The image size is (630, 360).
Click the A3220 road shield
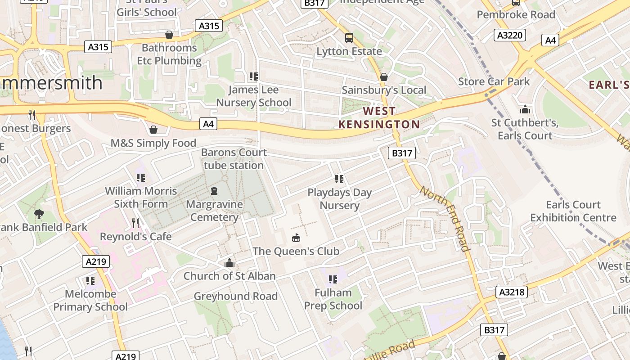pos(509,35)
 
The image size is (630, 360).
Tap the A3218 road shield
pos(512,292)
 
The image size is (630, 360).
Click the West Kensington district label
pos(379,117)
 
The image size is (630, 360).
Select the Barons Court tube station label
pos(234,159)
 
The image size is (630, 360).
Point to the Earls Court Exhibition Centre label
pos(573,211)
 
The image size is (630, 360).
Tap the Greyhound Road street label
pos(235,296)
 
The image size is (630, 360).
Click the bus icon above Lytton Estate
pos(349,38)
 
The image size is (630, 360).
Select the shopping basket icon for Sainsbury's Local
pos(383,77)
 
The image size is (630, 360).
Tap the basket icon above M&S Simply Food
pos(153,130)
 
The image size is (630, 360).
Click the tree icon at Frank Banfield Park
pos(39,214)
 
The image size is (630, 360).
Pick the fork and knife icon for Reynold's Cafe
pos(135,223)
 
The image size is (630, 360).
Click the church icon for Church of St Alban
pos(229,263)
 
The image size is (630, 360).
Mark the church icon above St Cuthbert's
pos(525,109)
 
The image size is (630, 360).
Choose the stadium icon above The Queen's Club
pos(296,238)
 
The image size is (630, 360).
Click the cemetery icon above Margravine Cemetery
pos(214,191)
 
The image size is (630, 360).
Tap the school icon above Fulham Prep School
pos(333,279)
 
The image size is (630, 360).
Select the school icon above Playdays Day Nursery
pos(339,179)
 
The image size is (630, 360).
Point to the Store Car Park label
pos(494,81)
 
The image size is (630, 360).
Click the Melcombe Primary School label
pos(90,301)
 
